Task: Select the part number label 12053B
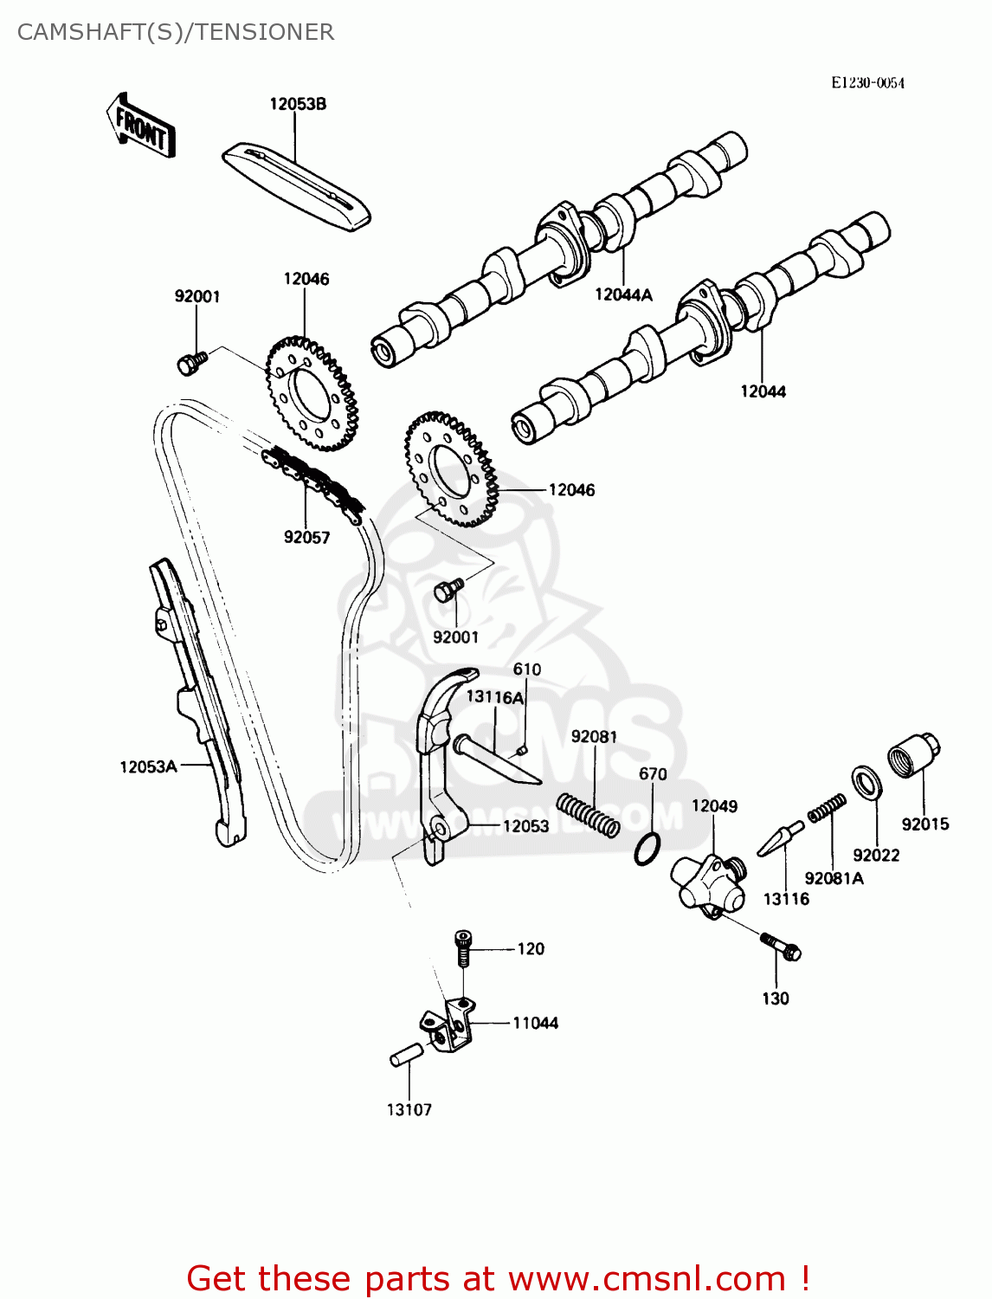(x=298, y=104)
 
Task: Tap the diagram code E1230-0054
(x=867, y=83)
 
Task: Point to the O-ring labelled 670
(x=647, y=850)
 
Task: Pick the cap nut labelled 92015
(x=914, y=755)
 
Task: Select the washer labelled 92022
(x=866, y=782)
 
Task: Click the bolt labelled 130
(x=781, y=946)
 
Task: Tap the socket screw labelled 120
(x=464, y=948)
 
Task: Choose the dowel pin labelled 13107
(x=406, y=1056)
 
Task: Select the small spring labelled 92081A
(x=827, y=809)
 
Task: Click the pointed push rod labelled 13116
(x=780, y=839)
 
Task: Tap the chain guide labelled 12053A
(x=197, y=701)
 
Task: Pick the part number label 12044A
(x=623, y=295)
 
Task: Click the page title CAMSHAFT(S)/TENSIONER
(x=176, y=32)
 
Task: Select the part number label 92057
(x=306, y=538)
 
